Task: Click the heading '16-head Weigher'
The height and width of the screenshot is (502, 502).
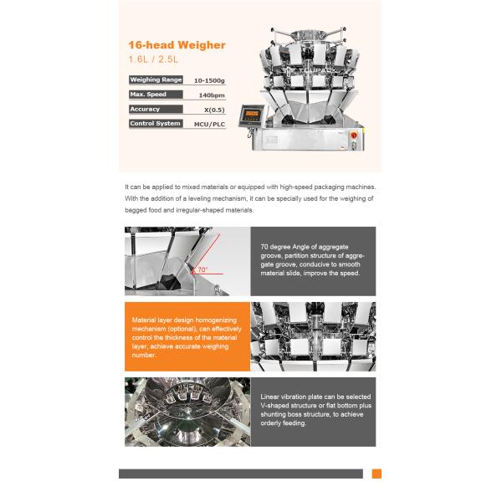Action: coord(176,45)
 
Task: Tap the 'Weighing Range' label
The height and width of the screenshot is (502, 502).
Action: coord(156,79)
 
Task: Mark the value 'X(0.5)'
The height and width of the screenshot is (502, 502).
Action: coord(213,110)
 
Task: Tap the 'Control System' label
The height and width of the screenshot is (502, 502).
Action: coord(156,124)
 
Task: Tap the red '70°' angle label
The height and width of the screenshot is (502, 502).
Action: coord(202,270)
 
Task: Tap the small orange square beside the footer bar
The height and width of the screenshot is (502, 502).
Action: coord(376,474)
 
